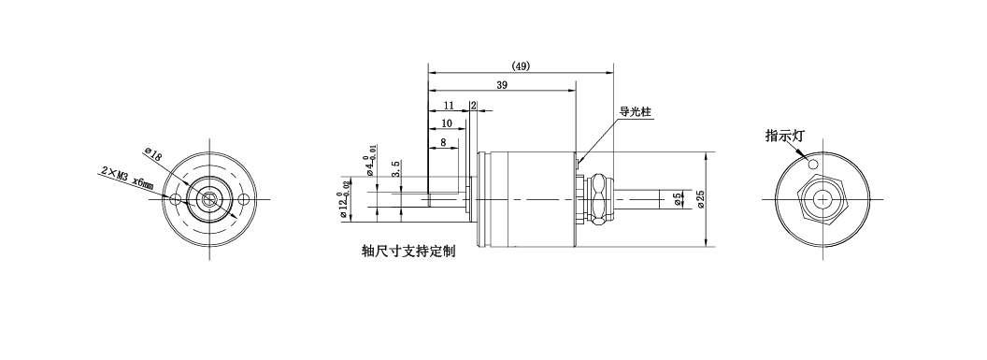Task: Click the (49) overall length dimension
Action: pyautogui.click(x=521, y=66)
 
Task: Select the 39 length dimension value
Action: pyautogui.click(x=502, y=86)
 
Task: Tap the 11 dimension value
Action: pyautogui.click(x=449, y=105)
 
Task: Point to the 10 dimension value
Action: pyautogui.click(x=447, y=123)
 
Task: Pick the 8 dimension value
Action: pyautogui.click(x=443, y=142)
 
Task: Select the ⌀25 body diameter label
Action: pyautogui.click(x=701, y=199)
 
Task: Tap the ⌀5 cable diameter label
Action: pyautogui.click(x=678, y=199)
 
